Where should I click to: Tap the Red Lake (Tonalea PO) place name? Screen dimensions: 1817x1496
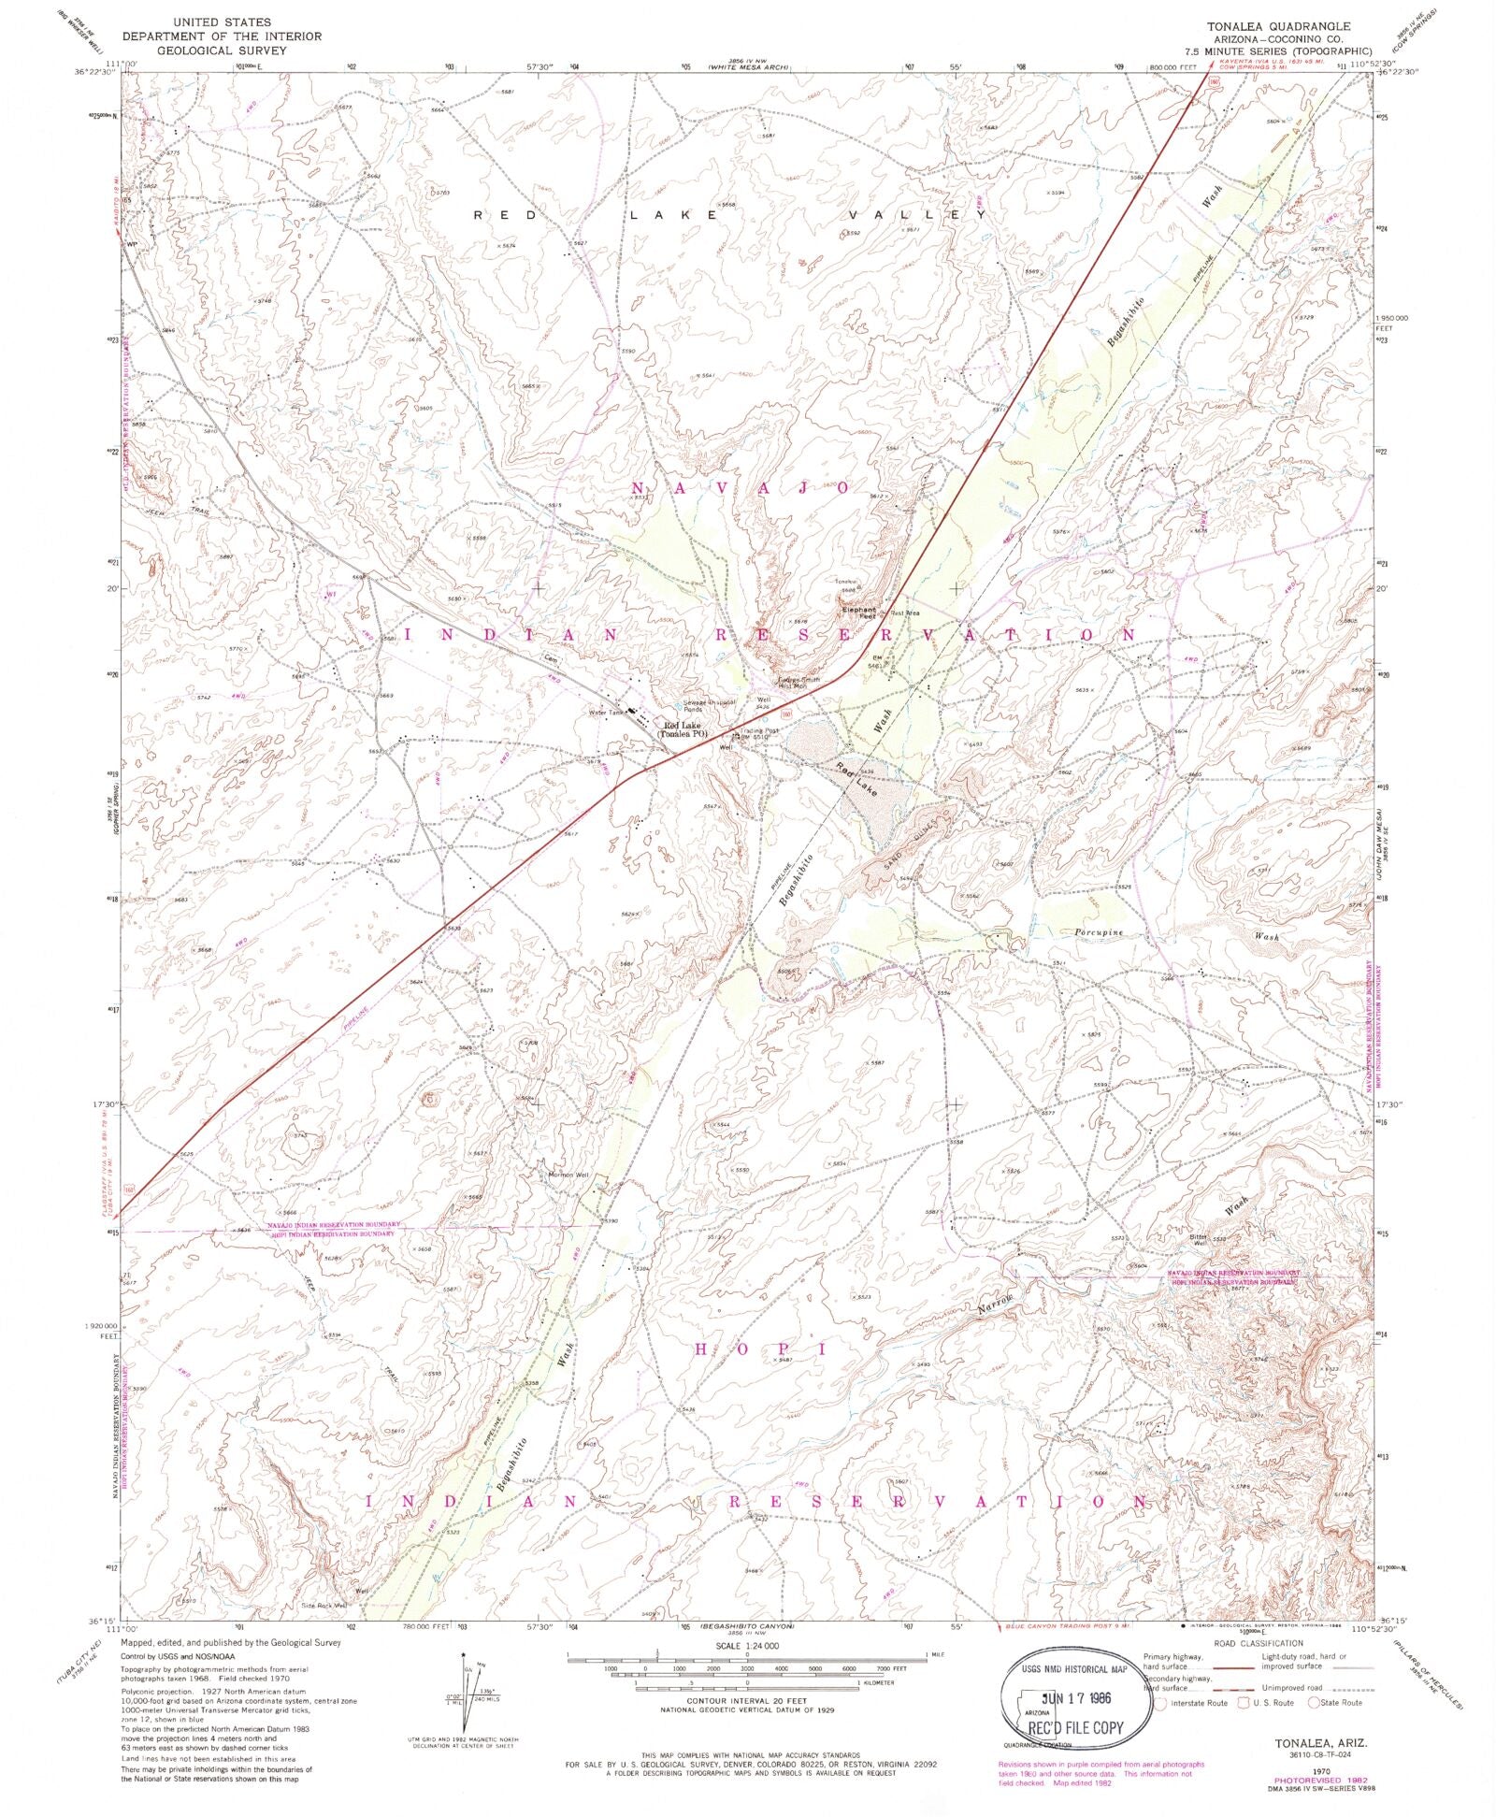[x=684, y=728]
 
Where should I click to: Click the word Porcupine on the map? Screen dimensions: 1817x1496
[x=1098, y=933]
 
